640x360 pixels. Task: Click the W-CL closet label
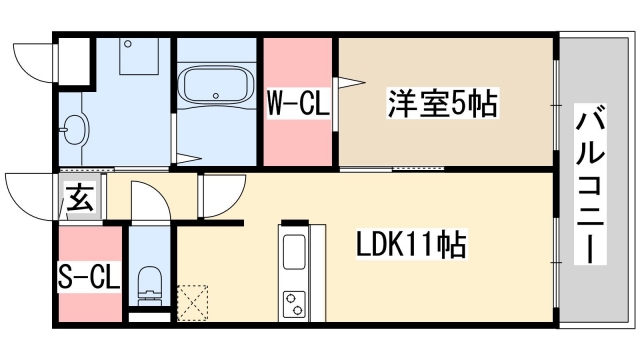(297, 104)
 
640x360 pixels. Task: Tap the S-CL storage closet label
(89, 275)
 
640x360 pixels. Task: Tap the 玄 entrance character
(81, 199)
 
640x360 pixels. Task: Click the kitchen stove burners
(296, 303)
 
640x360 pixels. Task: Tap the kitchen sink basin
(295, 253)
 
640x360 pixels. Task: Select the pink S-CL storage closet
(90, 275)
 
